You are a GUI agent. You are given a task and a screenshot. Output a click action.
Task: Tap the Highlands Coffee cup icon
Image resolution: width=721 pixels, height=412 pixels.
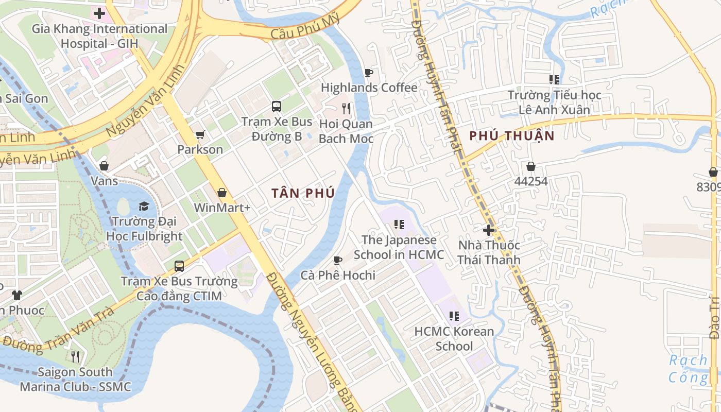(368, 73)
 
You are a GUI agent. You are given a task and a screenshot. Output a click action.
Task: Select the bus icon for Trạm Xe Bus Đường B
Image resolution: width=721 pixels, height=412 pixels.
(277, 107)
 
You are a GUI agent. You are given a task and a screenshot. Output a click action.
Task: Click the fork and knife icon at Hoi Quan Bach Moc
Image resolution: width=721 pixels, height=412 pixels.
(346, 108)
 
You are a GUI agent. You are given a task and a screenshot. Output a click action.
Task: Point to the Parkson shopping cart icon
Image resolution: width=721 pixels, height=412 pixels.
(200, 134)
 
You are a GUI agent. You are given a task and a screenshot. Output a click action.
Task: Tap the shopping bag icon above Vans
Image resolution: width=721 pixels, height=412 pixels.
(104, 166)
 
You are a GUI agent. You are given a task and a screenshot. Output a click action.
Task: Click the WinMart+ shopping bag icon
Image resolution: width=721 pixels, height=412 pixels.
(222, 193)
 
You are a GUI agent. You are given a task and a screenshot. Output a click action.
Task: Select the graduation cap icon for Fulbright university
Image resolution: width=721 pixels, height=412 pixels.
(144, 206)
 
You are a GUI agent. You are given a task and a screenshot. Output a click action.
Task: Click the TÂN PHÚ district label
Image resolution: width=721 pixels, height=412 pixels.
(303, 193)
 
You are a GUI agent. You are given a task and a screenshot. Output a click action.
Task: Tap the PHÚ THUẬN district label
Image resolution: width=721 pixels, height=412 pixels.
(512, 136)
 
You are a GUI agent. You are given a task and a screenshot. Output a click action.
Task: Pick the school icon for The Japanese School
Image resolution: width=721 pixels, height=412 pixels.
(399, 225)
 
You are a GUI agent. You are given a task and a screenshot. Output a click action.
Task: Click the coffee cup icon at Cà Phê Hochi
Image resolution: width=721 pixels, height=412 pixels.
(338, 260)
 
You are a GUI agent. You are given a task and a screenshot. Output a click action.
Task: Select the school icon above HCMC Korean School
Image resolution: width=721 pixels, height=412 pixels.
(454, 316)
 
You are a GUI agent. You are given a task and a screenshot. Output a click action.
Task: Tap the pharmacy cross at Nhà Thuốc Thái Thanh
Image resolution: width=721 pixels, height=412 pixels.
(489, 230)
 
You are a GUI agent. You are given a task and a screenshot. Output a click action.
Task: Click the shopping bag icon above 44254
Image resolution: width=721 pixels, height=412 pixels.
(530, 166)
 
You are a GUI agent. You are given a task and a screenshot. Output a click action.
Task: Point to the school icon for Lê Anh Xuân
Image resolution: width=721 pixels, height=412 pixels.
(554, 80)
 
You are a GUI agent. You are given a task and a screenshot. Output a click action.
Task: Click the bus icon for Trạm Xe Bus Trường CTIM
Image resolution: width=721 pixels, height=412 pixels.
(179, 266)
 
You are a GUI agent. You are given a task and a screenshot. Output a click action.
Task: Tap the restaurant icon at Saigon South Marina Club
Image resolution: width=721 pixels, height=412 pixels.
(75, 356)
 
